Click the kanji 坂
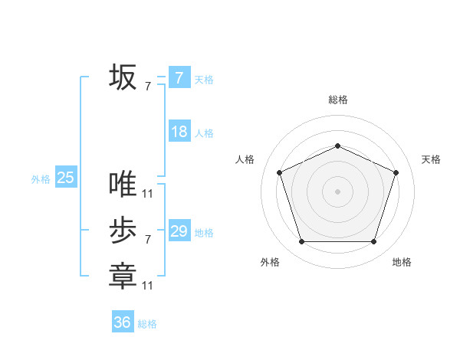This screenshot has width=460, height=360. (x=123, y=77)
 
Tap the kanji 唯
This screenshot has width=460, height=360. (x=123, y=184)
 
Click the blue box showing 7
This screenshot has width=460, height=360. (x=179, y=77)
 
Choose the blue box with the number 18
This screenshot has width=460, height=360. (x=179, y=132)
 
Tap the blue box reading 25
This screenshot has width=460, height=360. (x=66, y=178)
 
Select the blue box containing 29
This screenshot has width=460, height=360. (x=179, y=231)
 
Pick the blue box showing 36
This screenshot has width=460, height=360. (x=123, y=322)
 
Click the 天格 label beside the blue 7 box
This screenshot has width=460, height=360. (x=204, y=79)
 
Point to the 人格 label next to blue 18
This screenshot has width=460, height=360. (x=204, y=133)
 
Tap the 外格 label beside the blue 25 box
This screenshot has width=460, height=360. (x=41, y=179)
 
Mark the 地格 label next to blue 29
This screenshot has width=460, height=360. (x=204, y=232)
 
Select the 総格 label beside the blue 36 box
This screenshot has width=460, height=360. (x=147, y=324)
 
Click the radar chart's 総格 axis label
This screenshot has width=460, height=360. (x=337, y=100)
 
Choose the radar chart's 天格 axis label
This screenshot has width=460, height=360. (x=432, y=159)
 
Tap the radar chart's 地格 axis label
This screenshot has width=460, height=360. (x=402, y=262)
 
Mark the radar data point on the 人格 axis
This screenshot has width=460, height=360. (x=279, y=172)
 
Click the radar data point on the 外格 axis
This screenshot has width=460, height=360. (x=301, y=242)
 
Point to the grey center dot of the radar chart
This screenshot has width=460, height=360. (x=337, y=191)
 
